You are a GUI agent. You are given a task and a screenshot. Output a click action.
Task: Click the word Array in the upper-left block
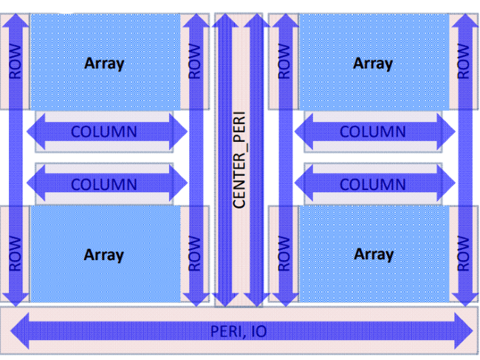pyautogui.click(x=104, y=63)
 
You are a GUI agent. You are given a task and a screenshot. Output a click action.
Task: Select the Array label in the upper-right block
pyautogui.click(x=373, y=63)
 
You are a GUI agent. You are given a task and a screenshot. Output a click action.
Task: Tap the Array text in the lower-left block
pyautogui.click(x=104, y=255)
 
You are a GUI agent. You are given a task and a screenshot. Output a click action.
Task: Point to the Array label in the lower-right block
pyautogui.click(x=373, y=254)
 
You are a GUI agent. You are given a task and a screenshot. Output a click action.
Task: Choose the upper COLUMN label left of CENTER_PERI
pyautogui.click(x=104, y=132)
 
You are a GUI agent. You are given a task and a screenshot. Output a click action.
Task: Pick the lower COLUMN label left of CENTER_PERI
pyautogui.click(x=104, y=184)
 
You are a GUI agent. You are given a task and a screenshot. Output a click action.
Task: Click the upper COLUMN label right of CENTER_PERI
pyautogui.click(x=373, y=132)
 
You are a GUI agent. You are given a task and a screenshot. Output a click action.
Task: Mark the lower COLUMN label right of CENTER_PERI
pyautogui.click(x=373, y=184)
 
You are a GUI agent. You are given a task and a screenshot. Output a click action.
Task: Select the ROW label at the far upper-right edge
pyautogui.click(x=464, y=61)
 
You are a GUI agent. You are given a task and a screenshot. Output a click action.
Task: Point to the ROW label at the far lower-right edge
pyautogui.click(x=464, y=254)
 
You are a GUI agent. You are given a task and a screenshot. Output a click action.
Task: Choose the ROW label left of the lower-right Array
pyautogui.click(x=284, y=254)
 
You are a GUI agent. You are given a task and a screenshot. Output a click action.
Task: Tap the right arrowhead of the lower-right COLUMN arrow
pyautogui.click(x=446, y=184)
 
